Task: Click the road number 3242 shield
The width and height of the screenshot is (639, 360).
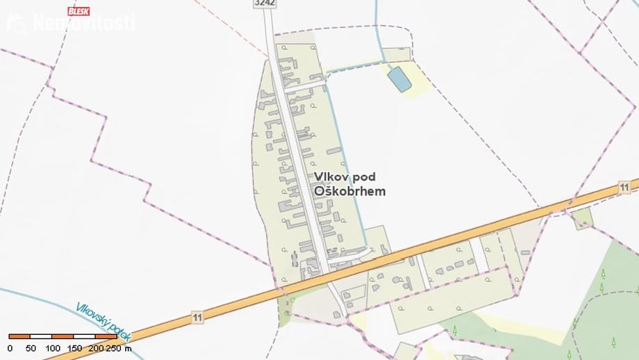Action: (265, 3)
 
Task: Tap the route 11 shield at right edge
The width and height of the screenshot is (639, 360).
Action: (625, 187)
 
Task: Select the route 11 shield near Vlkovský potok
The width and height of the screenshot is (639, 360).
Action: (198, 318)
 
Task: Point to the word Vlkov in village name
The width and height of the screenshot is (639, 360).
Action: (328, 177)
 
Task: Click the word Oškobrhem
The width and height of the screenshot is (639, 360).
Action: (349, 191)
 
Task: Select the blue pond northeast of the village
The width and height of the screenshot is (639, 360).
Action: (399, 79)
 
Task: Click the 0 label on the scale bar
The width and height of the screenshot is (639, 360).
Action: (10, 347)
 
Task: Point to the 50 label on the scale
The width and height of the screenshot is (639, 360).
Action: (31, 347)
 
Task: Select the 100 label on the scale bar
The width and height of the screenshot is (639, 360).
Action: (53, 347)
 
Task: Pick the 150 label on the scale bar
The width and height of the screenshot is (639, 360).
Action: (74, 347)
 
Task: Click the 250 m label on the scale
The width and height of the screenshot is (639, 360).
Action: (119, 347)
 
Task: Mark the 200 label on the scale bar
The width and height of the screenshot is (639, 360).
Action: (96, 347)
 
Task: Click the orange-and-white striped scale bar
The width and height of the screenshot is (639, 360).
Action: (63, 336)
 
